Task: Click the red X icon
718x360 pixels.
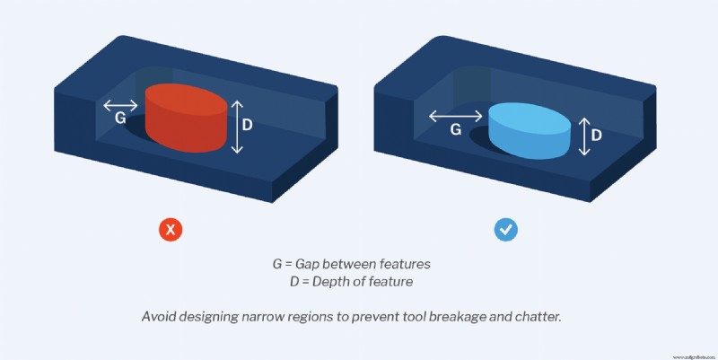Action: (x=171, y=230)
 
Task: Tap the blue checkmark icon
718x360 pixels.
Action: (x=506, y=230)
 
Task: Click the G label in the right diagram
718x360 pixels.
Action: (x=455, y=129)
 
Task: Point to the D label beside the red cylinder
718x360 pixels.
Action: (x=248, y=127)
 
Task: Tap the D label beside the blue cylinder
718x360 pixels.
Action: (x=596, y=136)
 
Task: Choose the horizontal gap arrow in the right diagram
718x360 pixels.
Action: (x=455, y=115)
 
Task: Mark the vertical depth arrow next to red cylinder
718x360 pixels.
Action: (x=235, y=127)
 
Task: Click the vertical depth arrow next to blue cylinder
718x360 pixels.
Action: (x=583, y=136)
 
